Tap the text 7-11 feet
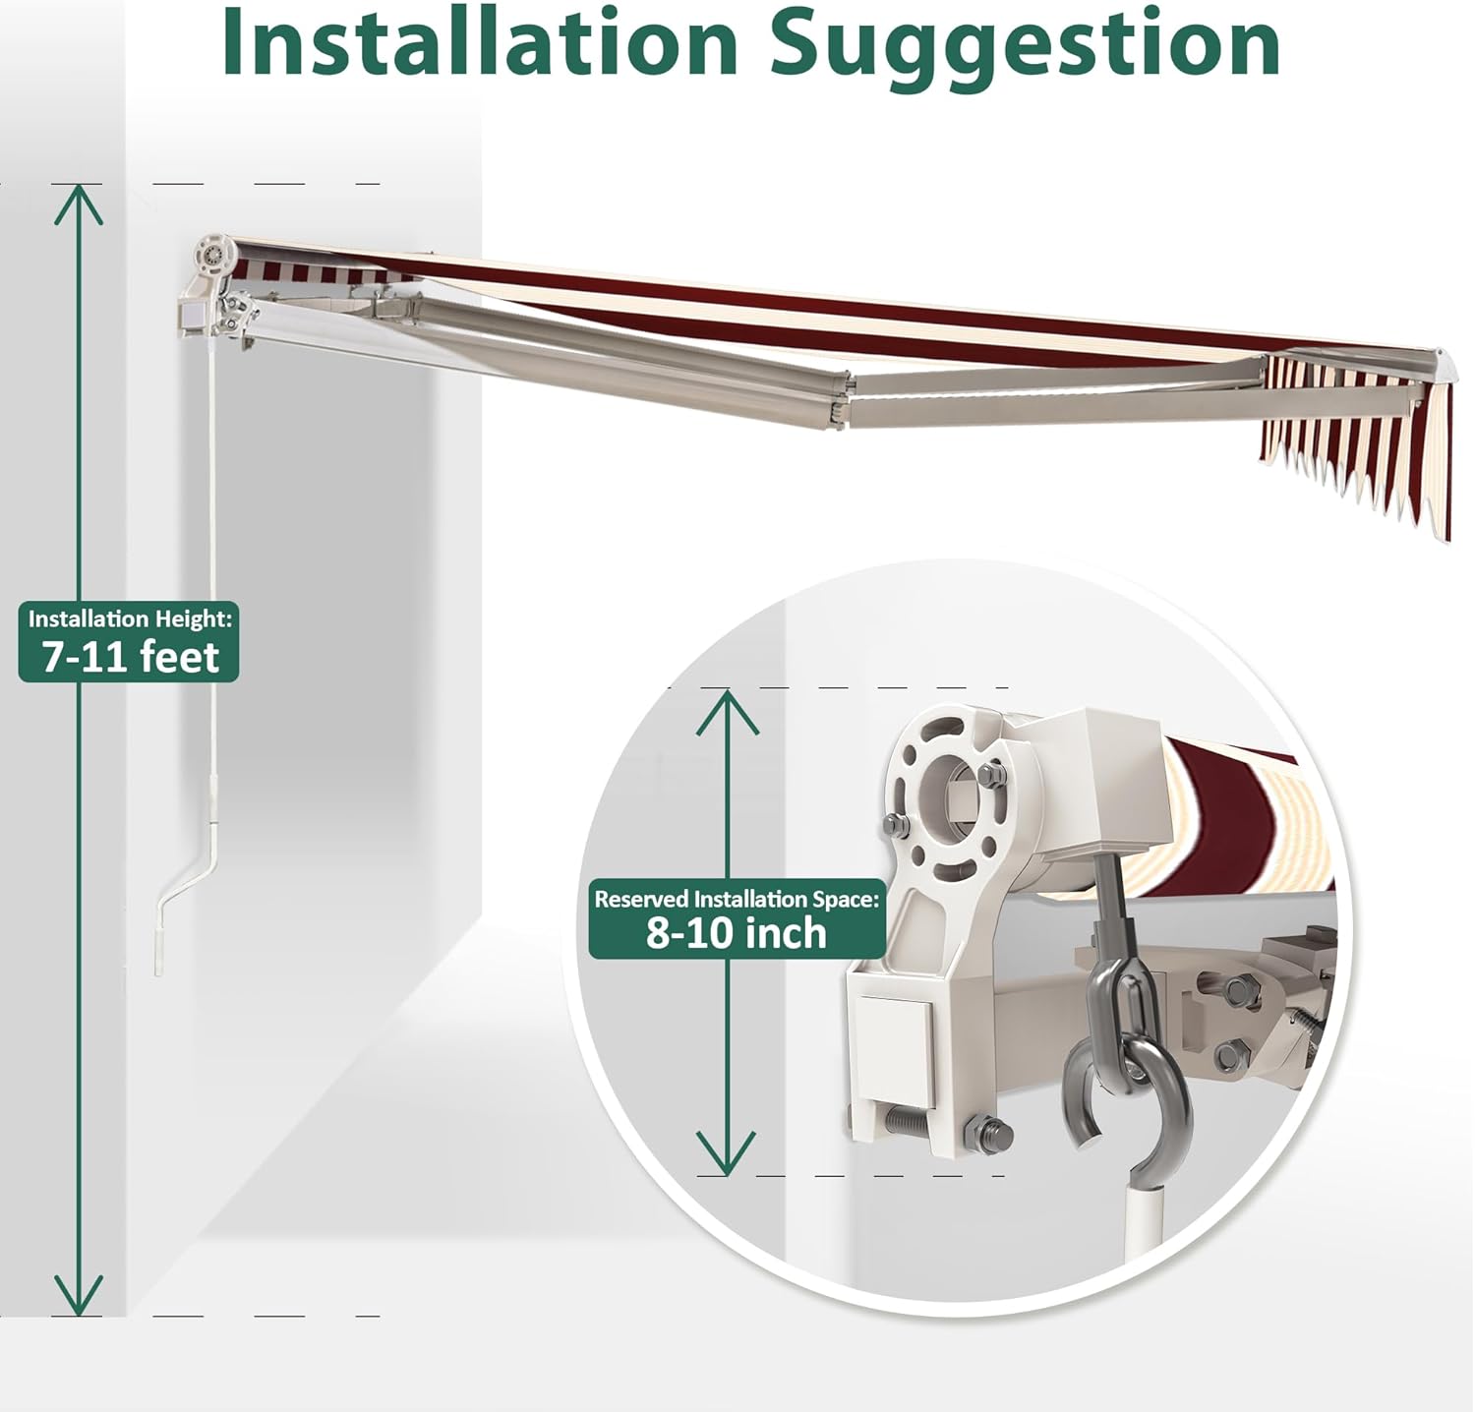(130, 656)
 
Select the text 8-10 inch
(737, 932)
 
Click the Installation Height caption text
(130, 618)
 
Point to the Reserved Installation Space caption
(737, 899)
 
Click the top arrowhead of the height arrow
(78, 204)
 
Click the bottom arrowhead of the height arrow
(78, 1295)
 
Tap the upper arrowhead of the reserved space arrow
(727, 711)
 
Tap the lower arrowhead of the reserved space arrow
(727, 1153)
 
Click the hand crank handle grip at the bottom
(161, 944)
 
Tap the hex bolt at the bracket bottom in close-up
(987, 1135)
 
